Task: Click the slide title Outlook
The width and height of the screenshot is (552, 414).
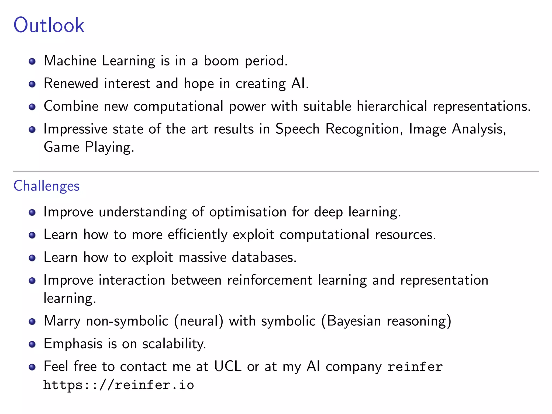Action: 49,25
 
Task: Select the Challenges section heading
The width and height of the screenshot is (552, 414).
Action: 46,186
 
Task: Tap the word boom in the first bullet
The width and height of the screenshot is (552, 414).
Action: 221,60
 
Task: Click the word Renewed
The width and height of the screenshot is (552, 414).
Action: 71,83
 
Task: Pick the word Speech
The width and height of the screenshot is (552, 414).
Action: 297,129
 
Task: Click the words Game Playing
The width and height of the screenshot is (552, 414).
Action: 89,147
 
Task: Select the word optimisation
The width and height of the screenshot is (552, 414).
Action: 248,212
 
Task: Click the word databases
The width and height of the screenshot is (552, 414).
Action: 264,257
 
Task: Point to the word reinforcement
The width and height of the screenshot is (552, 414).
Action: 270,280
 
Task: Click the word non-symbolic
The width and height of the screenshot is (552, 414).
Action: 127,321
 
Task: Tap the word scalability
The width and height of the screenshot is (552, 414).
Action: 174,344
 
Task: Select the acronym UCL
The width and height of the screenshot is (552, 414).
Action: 228,366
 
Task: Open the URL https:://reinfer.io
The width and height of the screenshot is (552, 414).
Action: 119,385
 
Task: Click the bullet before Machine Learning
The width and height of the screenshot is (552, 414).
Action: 32,61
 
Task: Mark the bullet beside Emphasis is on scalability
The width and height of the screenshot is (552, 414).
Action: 32,344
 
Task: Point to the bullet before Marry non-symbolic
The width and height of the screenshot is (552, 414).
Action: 32,322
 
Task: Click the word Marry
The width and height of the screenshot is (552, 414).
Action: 62,321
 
